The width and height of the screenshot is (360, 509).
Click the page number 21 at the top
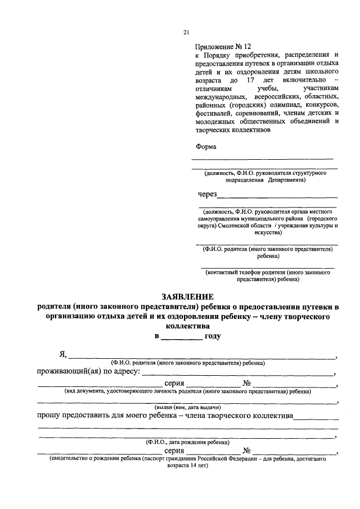click(x=186, y=33)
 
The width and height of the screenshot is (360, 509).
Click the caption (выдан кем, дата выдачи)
click(x=187, y=407)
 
